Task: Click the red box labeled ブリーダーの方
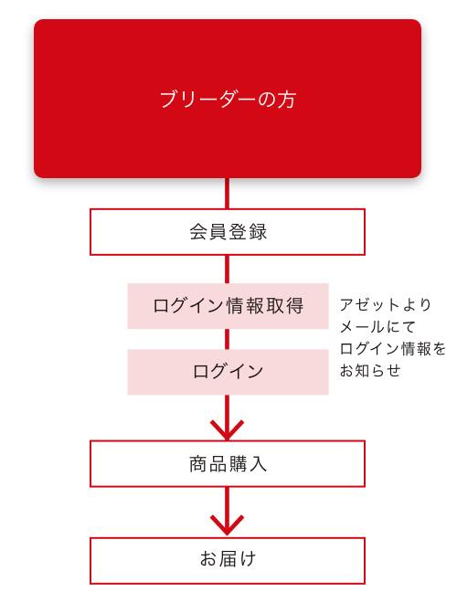click(228, 99)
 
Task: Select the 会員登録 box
click(228, 232)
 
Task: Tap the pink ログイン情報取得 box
click(228, 306)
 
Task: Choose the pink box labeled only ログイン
click(228, 372)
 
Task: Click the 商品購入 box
click(228, 464)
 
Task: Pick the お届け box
click(228, 561)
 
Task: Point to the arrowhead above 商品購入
click(227, 430)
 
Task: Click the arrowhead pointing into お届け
click(227, 525)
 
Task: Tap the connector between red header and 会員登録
click(227, 194)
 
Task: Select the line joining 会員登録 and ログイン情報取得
click(227, 270)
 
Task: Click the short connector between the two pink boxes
click(227, 339)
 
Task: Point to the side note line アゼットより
click(386, 305)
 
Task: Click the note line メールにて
click(377, 327)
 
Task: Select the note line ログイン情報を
click(393, 349)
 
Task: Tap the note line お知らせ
click(370, 371)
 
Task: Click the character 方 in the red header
click(287, 100)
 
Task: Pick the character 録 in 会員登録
click(258, 232)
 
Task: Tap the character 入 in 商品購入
click(258, 464)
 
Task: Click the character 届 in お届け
click(228, 559)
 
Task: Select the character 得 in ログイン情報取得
click(294, 306)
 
